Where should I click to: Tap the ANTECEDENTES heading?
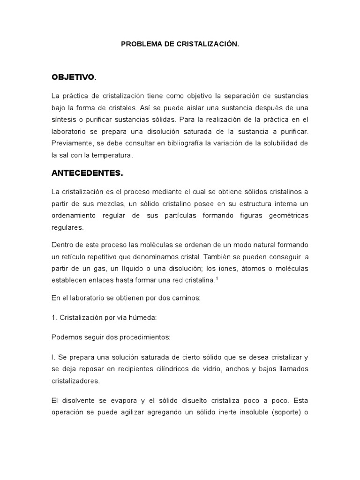coord(86,173)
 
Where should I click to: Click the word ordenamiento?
coord(74,215)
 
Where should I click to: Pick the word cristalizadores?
coord(75,381)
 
